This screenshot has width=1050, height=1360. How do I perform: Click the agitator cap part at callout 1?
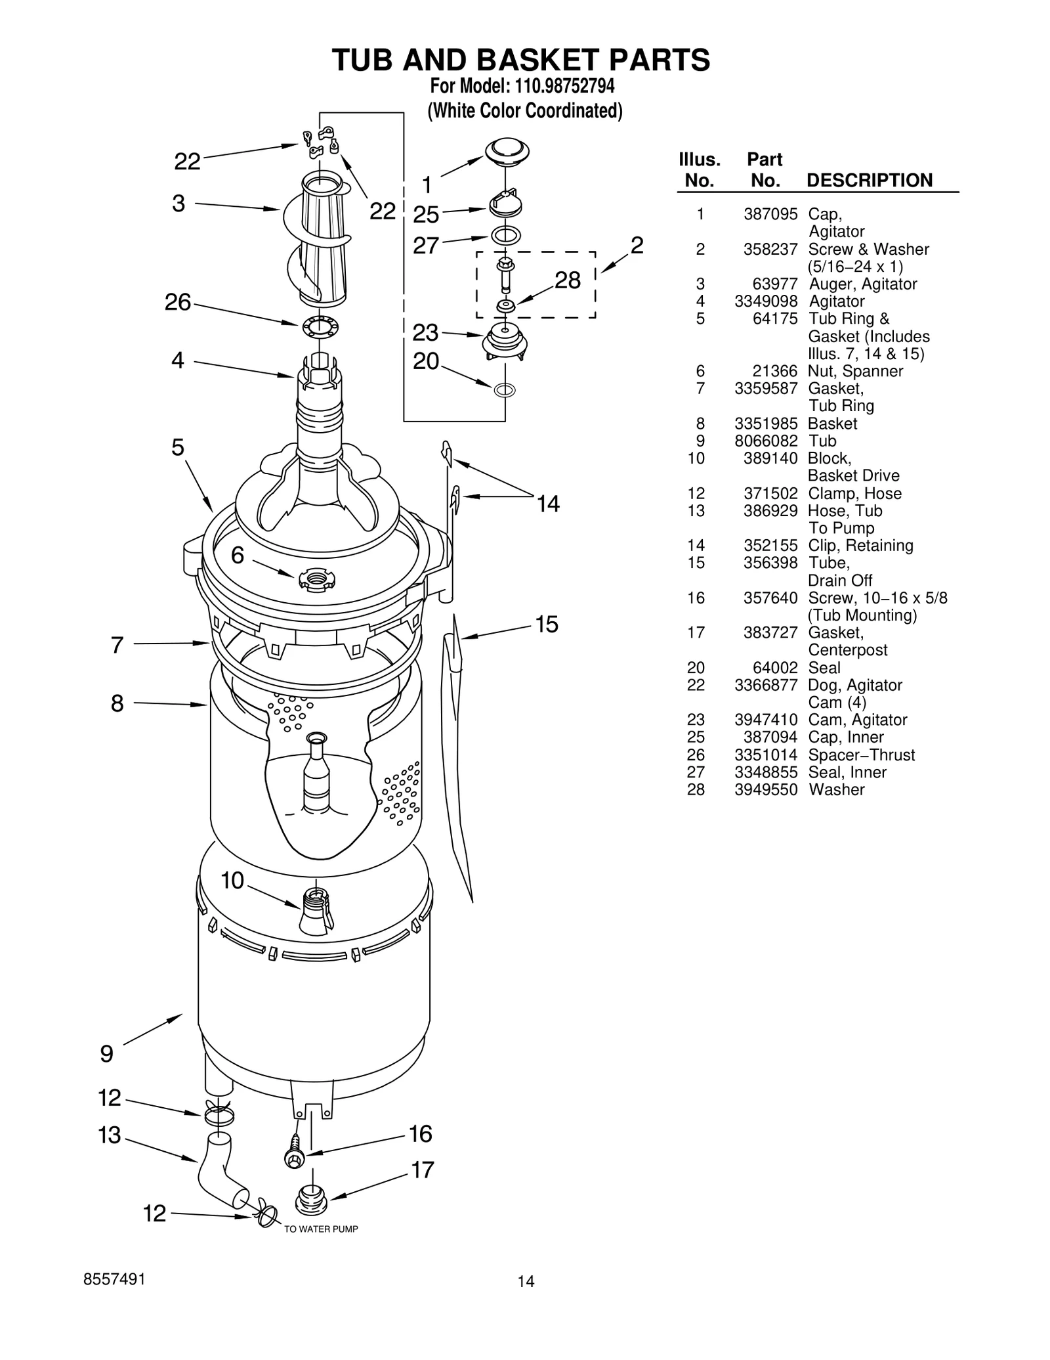click(x=507, y=152)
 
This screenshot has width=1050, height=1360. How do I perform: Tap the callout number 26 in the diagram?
click(x=177, y=303)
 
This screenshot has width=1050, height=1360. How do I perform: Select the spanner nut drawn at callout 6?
click(x=316, y=579)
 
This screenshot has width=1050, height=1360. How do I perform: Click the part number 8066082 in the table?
click(x=766, y=441)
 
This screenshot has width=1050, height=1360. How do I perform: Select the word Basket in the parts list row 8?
click(x=832, y=424)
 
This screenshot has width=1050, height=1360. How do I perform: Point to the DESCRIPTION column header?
click(x=869, y=181)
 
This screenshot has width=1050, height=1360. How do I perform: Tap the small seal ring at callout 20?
click(x=504, y=390)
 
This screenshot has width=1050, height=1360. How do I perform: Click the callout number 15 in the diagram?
click(x=547, y=624)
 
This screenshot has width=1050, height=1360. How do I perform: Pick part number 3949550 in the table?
click(x=766, y=789)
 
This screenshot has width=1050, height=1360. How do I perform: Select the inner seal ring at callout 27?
click(x=505, y=234)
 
